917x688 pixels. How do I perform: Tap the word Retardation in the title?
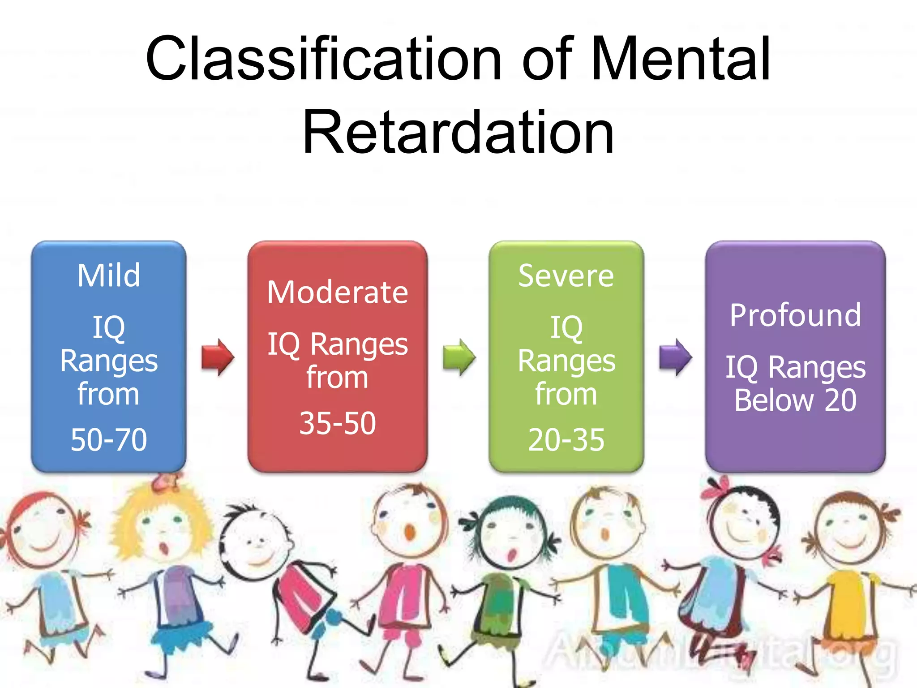(x=458, y=133)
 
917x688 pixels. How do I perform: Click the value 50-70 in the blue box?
(x=109, y=439)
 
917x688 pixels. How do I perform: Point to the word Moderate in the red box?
(x=338, y=292)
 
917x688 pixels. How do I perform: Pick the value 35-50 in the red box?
(x=338, y=423)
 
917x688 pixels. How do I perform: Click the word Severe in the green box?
(x=566, y=276)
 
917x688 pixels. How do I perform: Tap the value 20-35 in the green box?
(x=566, y=440)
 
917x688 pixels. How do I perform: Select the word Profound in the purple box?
(x=795, y=315)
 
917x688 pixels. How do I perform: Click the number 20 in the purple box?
(x=840, y=400)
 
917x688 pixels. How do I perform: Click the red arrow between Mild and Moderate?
(x=218, y=357)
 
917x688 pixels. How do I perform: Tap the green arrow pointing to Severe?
(x=459, y=357)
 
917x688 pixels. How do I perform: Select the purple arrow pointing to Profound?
(x=676, y=357)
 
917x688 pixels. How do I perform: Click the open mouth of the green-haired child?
(x=510, y=555)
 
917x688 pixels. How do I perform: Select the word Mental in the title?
(x=681, y=59)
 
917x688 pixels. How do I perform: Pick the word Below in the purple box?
(x=774, y=400)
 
